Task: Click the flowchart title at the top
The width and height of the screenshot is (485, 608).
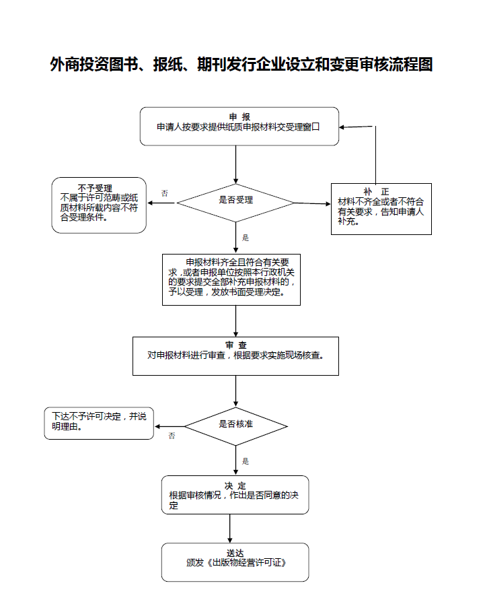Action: (x=241, y=65)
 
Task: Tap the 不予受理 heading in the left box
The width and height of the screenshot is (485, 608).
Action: (x=95, y=188)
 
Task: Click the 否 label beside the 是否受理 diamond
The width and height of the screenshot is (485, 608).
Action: (x=164, y=193)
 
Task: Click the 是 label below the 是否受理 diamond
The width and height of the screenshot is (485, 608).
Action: (x=246, y=238)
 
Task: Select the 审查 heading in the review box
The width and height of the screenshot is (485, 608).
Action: (x=235, y=345)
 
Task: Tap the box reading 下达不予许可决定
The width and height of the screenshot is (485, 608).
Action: (x=99, y=423)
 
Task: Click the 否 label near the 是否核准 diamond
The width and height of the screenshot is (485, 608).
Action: (x=172, y=436)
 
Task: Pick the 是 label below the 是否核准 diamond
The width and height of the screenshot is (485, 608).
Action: (x=246, y=461)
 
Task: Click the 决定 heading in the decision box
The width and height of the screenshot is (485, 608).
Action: (x=235, y=485)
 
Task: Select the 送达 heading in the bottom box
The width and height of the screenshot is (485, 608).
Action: (x=235, y=553)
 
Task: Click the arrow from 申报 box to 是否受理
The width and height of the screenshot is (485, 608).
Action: (x=235, y=164)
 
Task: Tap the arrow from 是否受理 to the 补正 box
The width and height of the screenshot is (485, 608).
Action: (x=312, y=203)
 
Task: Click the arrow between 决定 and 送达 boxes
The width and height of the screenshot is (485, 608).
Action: (x=230, y=529)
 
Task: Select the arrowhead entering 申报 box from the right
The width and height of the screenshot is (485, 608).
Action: (x=343, y=127)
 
